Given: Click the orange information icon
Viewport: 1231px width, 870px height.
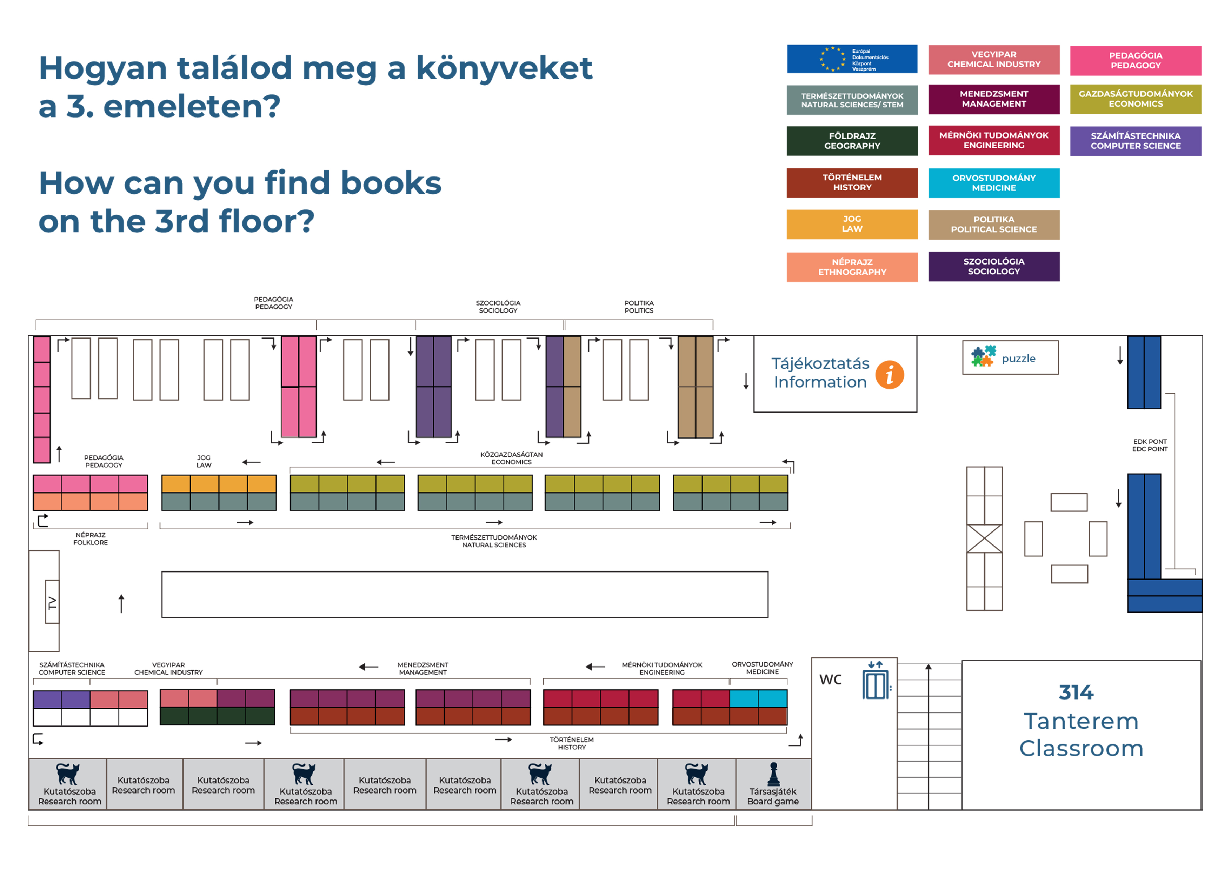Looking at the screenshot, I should (890, 375).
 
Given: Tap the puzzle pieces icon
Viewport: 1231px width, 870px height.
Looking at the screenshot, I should (983, 356).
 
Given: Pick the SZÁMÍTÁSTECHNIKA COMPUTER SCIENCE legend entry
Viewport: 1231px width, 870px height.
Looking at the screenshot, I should (1135, 141).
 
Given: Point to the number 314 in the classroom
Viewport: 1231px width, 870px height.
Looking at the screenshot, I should (1076, 692).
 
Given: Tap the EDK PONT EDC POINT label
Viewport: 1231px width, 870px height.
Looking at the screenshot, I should (1150, 446).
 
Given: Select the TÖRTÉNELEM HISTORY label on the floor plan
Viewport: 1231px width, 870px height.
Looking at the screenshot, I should (572, 743).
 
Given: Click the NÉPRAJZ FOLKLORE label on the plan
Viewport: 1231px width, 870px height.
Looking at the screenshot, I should (91, 539).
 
